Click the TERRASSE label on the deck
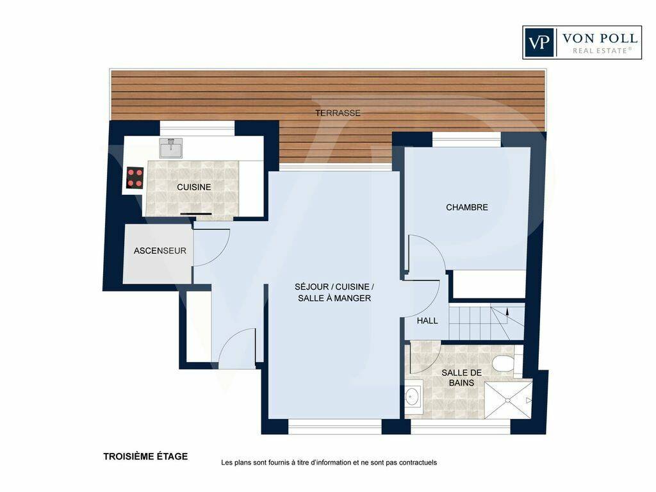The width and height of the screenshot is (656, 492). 338,113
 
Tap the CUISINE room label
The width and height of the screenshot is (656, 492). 193,187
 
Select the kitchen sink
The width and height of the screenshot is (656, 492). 171,148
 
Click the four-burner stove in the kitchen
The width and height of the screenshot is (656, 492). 135,177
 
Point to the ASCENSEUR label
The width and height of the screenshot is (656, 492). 160,250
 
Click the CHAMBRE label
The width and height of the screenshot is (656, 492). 467,207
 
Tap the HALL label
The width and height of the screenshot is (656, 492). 427,321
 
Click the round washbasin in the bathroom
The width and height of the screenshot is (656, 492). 413,396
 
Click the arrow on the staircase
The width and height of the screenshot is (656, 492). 508,311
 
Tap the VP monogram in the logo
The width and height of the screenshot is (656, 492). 539,43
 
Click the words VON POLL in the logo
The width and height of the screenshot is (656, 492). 600,39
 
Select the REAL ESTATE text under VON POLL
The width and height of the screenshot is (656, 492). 600,51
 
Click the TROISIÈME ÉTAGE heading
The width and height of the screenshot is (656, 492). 145,456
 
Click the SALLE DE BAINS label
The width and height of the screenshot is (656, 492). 461,377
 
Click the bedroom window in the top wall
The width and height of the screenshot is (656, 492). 466,139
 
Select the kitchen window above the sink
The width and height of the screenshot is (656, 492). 197,128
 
